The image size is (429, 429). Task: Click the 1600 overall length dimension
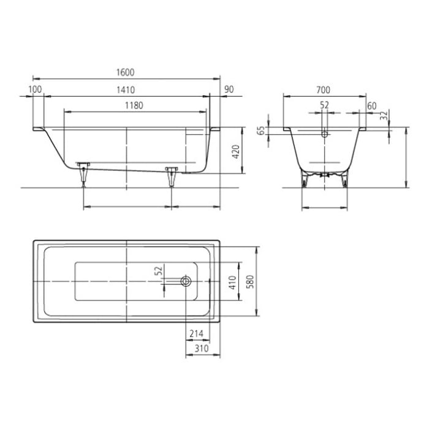coord(125,72)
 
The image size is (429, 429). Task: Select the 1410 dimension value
coord(125,89)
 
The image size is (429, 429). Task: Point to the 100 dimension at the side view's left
coord(35,89)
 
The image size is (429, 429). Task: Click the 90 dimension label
coord(229,89)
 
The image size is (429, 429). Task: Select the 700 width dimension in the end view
coord(323,89)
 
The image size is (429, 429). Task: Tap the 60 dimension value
coord(371,105)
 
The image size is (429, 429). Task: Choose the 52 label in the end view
coord(324,105)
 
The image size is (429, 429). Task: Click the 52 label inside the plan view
coord(158,270)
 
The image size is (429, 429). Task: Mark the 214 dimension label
coord(196,334)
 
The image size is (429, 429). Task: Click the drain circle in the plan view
coord(186,281)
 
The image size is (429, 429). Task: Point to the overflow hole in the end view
coord(325,134)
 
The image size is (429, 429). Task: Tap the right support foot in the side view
coord(171,175)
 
